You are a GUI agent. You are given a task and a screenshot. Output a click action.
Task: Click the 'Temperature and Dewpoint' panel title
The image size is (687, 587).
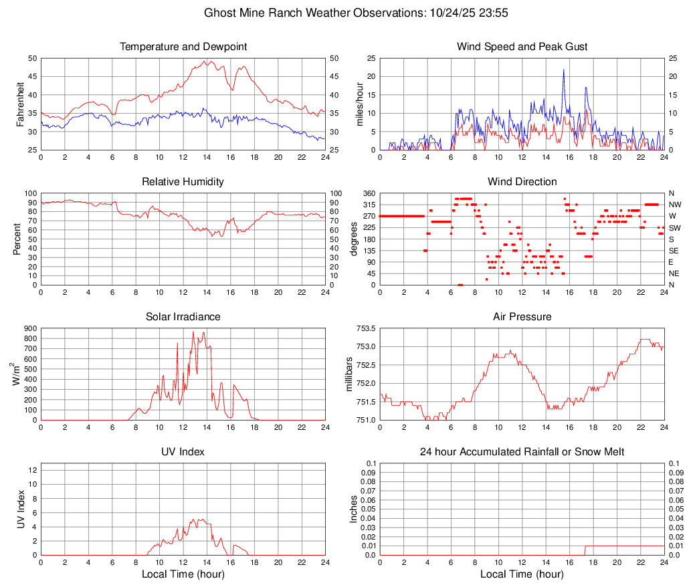coord(183,47)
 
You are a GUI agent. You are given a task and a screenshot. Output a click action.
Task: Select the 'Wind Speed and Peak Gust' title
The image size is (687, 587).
coord(522,47)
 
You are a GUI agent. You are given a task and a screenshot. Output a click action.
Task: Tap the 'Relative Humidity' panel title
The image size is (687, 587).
coord(183,182)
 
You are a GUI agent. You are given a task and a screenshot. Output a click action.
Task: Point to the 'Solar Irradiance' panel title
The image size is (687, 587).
coord(183,317)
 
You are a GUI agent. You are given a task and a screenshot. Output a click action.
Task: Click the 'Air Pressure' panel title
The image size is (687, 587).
coord(522,317)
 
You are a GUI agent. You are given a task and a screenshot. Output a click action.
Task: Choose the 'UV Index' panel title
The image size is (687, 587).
coord(183,452)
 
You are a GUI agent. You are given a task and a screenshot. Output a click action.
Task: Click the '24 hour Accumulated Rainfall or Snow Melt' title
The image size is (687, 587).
coord(522,452)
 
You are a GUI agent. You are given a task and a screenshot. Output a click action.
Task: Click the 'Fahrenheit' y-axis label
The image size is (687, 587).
coord(20,104)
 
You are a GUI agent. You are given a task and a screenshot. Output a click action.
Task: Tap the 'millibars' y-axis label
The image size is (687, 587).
coord(349,374)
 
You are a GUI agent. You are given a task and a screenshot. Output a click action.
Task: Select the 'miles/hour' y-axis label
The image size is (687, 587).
coord(359,104)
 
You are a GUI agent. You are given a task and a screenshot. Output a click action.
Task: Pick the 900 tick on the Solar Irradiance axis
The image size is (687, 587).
coord(29,328)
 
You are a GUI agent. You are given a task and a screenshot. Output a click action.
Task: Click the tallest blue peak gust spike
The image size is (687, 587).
coord(563,70)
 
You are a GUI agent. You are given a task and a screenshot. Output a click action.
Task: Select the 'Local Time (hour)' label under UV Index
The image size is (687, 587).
coord(183,574)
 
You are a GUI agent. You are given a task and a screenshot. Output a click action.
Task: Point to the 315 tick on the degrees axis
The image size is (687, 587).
coord(368,205)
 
